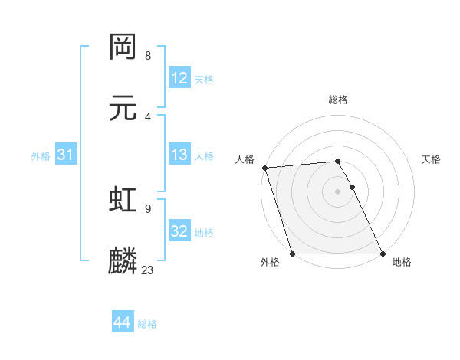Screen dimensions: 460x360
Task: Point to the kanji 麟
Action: point(123,260)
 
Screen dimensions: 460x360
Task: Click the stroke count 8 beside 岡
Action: point(148,56)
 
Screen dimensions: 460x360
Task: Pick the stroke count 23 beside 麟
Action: point(148,270)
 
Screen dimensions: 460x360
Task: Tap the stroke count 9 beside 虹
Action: point(148,208)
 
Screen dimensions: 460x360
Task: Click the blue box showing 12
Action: point(179,78)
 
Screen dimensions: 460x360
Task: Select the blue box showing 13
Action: point(179,155)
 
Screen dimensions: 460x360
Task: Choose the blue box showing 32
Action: point(179,231)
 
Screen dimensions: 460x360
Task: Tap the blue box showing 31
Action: point(66,155)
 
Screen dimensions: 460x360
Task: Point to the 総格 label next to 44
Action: point(147,324)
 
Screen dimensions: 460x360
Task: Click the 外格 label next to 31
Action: point(41,156)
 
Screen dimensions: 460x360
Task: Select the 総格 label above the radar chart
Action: point(338,100)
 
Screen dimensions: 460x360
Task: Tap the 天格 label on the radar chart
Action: point(432,159)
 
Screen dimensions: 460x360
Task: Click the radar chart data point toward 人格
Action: point(264,168)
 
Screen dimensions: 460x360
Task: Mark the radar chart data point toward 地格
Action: point(383,254)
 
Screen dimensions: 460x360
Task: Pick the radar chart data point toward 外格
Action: point(292,254)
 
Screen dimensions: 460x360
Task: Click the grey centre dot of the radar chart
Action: point(338,191)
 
